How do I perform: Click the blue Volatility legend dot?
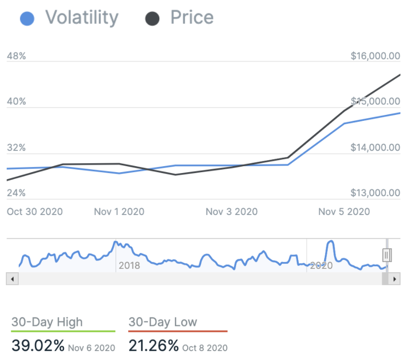point(27,19)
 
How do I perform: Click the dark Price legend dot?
point(152,19)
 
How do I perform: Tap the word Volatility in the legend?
point(82,18)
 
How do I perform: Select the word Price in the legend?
point(192,18)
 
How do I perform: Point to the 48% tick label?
point(16,56)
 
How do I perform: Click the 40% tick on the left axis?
point(16,102)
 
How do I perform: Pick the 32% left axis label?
point(16,148)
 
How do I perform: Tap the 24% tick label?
point(16,193)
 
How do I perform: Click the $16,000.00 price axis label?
point(375,56)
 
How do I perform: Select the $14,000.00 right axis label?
point(375,147)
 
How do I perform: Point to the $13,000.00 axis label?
point(375,193)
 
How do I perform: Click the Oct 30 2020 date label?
point(34,212)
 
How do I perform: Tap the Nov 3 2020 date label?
point(232,212)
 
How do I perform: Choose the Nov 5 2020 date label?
point(344,212)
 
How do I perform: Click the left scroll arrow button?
point(12,279)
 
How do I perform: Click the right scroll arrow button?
point(394,279)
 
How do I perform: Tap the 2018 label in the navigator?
point(129,266)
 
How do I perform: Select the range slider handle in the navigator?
point(387,254)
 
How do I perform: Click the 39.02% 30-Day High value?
point(38,346)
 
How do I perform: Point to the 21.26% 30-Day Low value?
point(154,346)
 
